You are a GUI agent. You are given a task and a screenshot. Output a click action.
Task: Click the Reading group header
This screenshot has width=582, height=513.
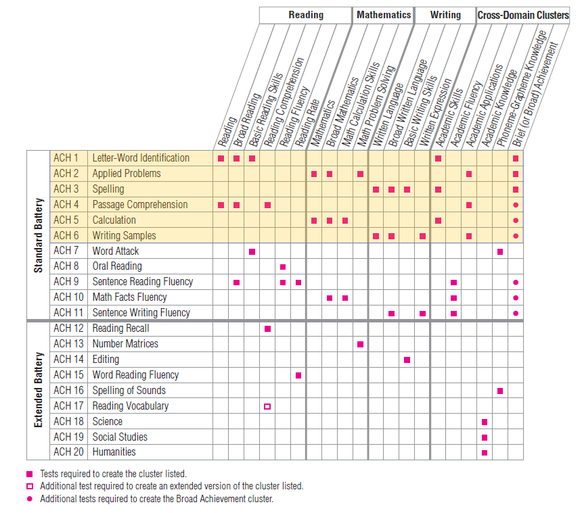306,15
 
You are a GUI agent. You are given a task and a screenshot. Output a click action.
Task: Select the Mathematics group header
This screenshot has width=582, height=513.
384,15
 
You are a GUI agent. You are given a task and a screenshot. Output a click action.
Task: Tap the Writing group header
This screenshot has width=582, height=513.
445,15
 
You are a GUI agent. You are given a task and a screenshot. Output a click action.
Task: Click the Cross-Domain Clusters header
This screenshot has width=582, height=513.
523,15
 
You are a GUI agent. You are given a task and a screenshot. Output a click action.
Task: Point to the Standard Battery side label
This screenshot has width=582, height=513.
39,235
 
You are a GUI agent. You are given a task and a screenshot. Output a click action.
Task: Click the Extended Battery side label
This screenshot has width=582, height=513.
39,390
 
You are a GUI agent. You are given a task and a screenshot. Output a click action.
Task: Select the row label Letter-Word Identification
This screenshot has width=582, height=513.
141,158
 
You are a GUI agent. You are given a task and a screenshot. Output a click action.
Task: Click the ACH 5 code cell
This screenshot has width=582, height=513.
66,220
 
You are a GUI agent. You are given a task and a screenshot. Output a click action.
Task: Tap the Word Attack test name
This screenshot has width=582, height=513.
116,251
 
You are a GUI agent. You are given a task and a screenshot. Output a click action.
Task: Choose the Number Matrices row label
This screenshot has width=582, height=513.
125,343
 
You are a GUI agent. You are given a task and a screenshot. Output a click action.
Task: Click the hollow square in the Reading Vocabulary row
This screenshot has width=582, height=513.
267,406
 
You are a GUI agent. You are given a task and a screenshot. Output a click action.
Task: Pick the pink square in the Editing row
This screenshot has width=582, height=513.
407,360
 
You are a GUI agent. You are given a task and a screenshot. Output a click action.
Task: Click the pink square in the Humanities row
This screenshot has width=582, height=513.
485,452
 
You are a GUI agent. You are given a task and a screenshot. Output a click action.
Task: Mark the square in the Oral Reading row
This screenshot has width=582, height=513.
283,267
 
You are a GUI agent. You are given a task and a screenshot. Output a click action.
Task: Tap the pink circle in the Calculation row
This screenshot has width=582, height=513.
516,220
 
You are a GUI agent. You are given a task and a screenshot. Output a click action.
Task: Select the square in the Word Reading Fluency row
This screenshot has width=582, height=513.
298,375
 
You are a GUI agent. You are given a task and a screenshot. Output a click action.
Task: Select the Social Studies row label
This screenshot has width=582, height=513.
120,437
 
